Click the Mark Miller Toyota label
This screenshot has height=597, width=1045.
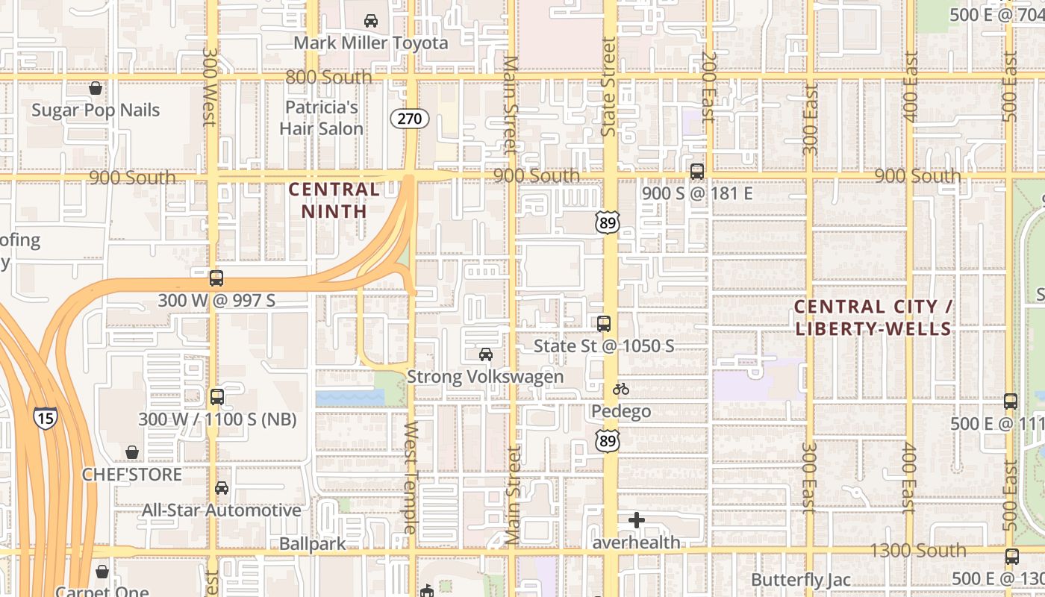370,43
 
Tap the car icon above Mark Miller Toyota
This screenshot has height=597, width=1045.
370,21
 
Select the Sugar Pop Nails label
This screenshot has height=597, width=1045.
96,110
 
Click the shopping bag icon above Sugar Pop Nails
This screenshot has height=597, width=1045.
96,89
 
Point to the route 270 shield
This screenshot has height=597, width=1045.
410,118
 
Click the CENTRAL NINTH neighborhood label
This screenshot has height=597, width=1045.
334,200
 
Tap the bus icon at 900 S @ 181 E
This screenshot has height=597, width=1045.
697,172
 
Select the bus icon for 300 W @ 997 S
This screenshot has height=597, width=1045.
216,278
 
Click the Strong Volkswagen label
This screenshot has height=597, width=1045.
485,376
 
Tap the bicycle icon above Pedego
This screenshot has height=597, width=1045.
621,389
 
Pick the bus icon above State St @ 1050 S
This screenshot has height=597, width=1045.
604,324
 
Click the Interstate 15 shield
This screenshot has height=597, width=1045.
45,418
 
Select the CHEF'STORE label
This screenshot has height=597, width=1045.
132,475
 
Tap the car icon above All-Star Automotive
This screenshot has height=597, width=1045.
222,488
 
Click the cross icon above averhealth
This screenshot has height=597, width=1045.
637,520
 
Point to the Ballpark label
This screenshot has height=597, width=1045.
313,544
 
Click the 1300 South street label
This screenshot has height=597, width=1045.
919,551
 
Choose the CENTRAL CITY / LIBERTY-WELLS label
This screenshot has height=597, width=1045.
873,317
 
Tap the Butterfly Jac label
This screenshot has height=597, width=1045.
801,580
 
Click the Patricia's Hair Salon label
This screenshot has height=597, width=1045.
322,118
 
